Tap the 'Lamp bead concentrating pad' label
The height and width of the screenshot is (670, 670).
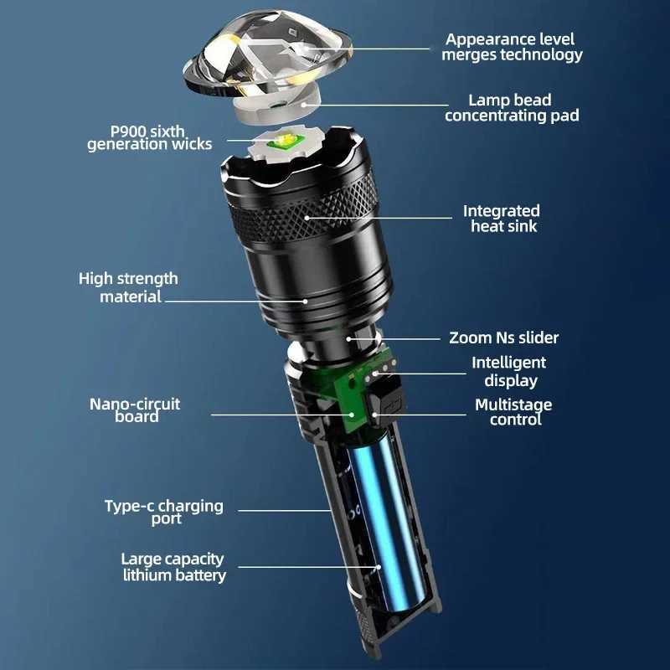click(512, 108)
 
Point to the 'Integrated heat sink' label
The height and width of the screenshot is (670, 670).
click(501, 219)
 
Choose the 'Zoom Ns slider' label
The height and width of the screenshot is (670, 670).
click(503, 338)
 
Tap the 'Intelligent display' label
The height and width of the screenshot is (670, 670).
click(508, 371)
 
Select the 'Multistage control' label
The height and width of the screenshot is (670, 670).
click(513, 412)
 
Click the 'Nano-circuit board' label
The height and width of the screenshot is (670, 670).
click(135, 410)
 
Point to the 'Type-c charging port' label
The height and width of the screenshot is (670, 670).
click(164, 512)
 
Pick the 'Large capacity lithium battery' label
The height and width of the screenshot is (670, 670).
click(173, 567)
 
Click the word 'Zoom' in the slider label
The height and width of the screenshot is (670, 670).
click(470, 338)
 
